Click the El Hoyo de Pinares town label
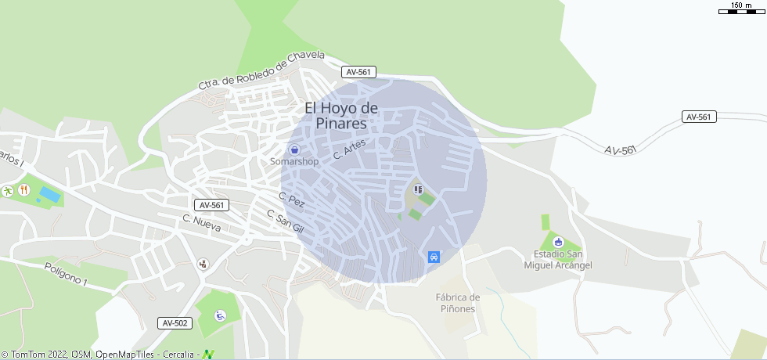tap(341, 115)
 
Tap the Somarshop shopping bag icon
tap(294, 149)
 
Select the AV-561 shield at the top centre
tap(359, 72)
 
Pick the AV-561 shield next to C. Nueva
tap(212, 205)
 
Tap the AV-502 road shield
tap(175, 322)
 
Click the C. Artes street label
tap(349, 149)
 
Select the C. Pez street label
tap(291, 200)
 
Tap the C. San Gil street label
tap(284, 221)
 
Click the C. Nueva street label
tap(202, 223)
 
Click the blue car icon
tap(434, 257)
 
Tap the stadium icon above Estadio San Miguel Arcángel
tap(557, 241)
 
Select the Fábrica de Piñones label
tap(458, 303)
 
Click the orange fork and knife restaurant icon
tap(23, 189)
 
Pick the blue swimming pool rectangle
tap(49, 193)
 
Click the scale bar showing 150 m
tap(740, 9)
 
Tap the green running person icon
tap(7, 190)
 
